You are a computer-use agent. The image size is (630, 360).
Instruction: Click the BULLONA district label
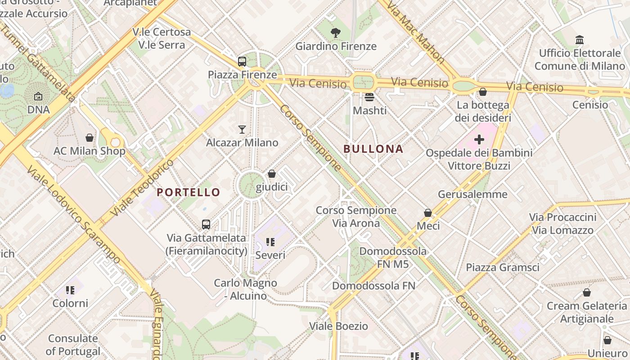coord(373,149)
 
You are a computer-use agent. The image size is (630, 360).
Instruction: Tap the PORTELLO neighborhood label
coord(189,192)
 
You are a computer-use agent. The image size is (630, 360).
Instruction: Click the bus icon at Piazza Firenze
coord(242,62)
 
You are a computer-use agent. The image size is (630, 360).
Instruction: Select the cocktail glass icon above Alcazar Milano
coord(242,130)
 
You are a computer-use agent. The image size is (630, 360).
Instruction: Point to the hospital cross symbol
coord(479,139)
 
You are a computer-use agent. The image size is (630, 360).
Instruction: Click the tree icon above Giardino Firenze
coord(335,32)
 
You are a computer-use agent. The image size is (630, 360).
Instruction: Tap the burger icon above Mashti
coord(369,97)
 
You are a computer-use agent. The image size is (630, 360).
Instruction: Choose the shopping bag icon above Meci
coord(428,212)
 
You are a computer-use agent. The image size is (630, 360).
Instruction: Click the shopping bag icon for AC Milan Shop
coord(90,138)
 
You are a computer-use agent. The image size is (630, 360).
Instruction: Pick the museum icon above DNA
coord(38,96)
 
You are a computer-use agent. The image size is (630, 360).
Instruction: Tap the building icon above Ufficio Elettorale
coord(580,40)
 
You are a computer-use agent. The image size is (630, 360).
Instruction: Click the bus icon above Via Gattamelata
coord(206,224)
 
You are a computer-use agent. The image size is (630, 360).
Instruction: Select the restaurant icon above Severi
coord(270,242)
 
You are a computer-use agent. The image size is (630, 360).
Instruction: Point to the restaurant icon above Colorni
coord(70,290)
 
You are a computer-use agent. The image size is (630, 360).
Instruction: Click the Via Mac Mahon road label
coord(415,33)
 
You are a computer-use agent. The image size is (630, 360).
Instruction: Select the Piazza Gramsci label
coord(502,267)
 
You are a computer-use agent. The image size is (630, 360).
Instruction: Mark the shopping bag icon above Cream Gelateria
coord(586,292)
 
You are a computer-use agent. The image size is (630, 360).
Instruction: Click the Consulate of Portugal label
coord(73,345)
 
